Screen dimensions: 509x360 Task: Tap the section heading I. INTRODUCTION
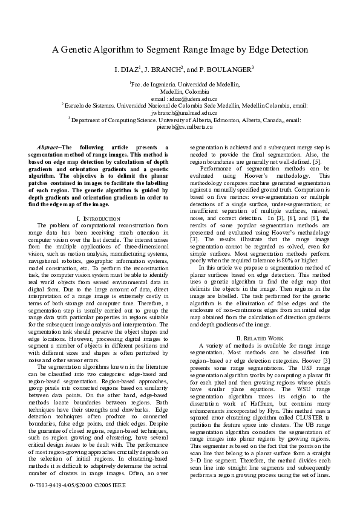click(98, 217)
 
